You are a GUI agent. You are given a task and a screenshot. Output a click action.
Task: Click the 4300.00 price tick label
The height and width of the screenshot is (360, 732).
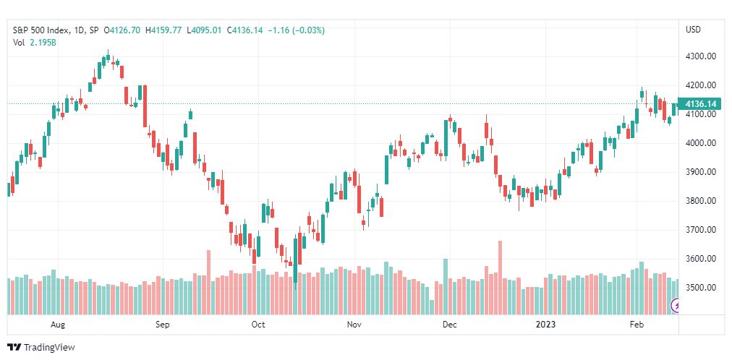[x=700, y=56]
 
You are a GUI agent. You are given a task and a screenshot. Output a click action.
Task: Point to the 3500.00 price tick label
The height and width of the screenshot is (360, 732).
[x=700, y=288]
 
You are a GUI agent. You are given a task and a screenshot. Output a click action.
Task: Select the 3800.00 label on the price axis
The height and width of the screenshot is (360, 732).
[x=700, y=201]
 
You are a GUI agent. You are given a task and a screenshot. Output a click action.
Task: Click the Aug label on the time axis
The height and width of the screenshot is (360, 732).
[x=58, y=325]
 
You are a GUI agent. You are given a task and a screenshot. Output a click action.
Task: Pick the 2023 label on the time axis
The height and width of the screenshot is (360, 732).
[x=545, y=325]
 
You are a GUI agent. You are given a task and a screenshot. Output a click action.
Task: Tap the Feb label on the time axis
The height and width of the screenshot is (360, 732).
[x=637, y=325]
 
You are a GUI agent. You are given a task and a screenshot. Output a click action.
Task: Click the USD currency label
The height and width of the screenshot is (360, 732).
[x=693, y=30]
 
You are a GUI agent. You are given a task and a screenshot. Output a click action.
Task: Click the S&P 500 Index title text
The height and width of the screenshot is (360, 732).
[x=41, y=30]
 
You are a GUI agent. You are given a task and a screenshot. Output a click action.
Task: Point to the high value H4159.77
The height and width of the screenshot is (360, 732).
[x=163, y=30]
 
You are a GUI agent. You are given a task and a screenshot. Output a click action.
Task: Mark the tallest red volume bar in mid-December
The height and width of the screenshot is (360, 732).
[x=500, y=278]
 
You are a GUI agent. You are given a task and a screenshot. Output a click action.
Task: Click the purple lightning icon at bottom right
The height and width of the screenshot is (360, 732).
[x=675, y=306]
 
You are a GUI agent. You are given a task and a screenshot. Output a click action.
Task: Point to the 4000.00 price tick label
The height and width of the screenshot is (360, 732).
[x=700, y=143]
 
